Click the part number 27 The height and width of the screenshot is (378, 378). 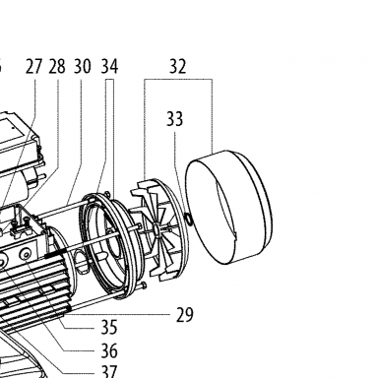[x=34, y=66]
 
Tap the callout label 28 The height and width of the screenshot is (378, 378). [x=57, y=66]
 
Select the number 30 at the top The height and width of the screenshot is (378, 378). [x=82, y=66]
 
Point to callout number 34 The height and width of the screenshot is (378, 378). [x=109, y=66]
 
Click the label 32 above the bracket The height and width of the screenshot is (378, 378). [x=178, y=66]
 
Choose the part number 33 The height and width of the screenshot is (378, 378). [x=174, y=119]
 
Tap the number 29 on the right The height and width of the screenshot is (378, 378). [x=184, y=315]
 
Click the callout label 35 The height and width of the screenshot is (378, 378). [x=109, y=327]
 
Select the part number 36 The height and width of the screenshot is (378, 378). [x=109, y=351]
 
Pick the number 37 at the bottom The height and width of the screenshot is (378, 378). [x=109, y=372]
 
